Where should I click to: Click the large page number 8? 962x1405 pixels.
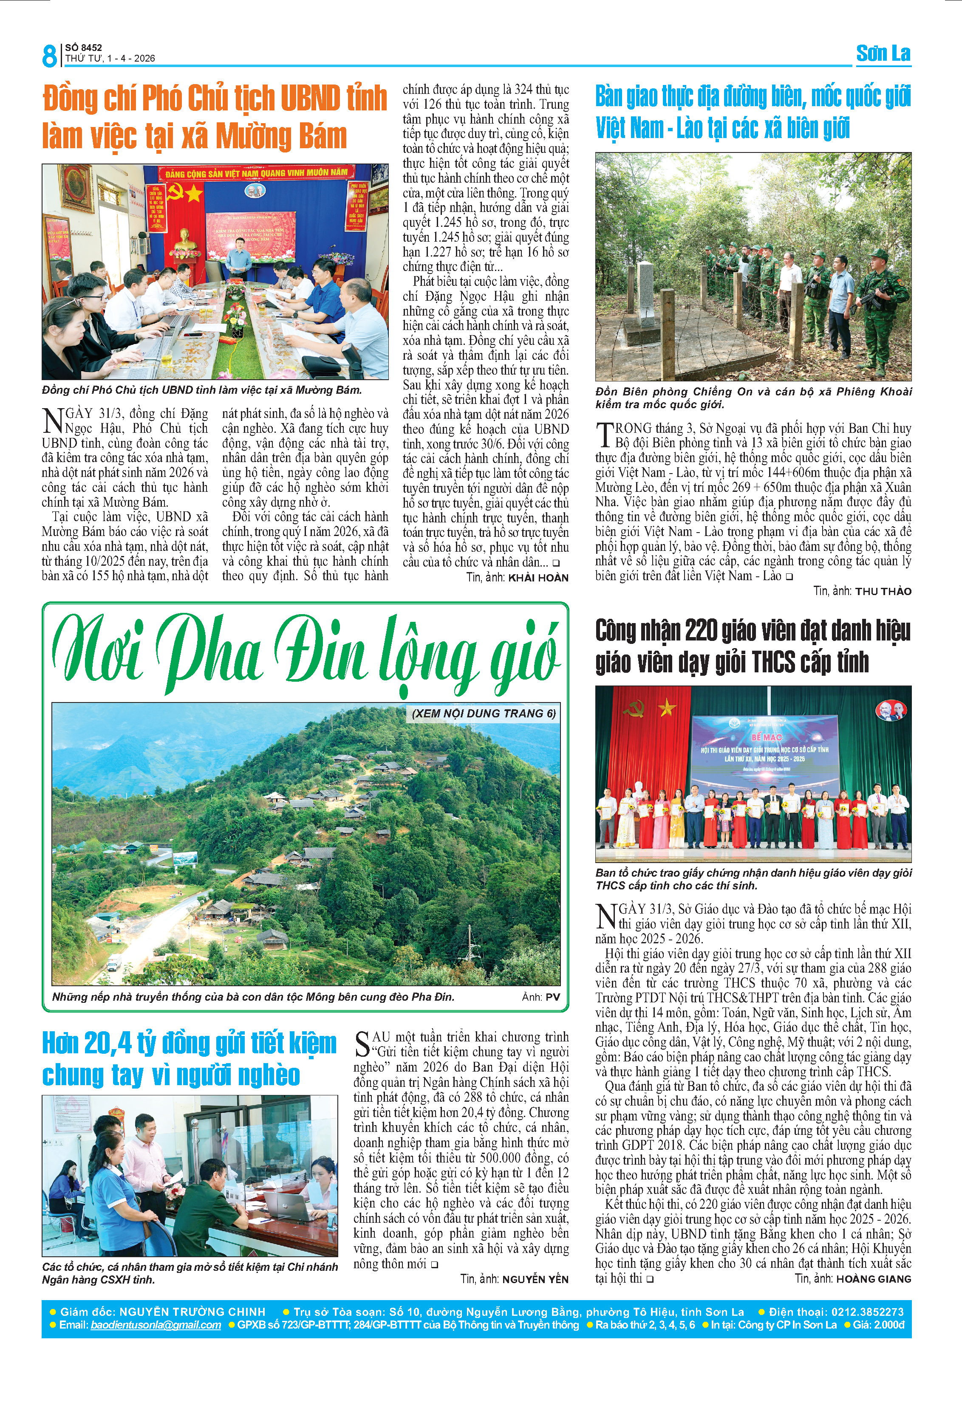point(49,56)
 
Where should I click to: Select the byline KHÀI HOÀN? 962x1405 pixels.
point(538,578)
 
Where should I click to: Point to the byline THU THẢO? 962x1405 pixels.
point(883,591)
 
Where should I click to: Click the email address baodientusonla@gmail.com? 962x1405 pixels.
point(156,1325)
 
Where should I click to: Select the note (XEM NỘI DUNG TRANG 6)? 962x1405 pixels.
point(483,714)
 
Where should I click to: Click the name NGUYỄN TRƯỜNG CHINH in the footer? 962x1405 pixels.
point(192,1312)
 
